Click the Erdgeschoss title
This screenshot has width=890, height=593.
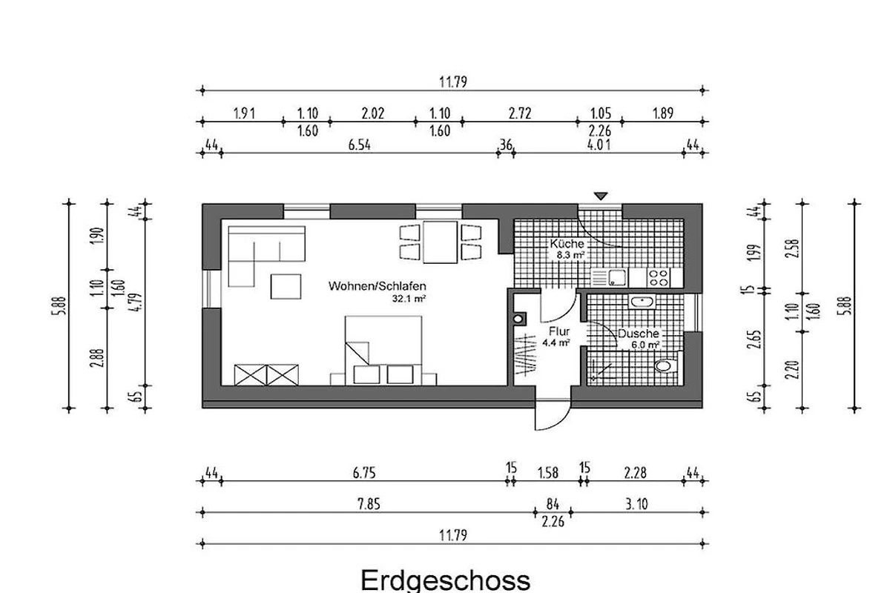[x=446, y=581]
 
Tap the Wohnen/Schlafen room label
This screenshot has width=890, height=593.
[x=377, y=286]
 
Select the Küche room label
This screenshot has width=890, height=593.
[x=567, y=243]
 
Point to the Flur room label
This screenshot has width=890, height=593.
[x=559, y=331]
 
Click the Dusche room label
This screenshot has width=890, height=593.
[x=638, y=334]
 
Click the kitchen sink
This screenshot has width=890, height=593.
[x=617, y=277]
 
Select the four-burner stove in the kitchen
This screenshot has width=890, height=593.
[x=658, y=277]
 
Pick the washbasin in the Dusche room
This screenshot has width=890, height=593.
[x=642, y=302]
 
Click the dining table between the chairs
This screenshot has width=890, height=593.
[x=440, y=242]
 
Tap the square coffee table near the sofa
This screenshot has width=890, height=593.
[x=286, y=286]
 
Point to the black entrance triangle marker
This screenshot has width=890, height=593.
[x=601, y=196]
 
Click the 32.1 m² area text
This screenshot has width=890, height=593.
[x=409, y=298]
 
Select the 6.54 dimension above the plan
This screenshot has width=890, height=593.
[x=359, y=145]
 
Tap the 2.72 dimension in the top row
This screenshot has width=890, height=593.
[x=520, y=114]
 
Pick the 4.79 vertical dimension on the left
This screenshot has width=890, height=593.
[x=137, y=302]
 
